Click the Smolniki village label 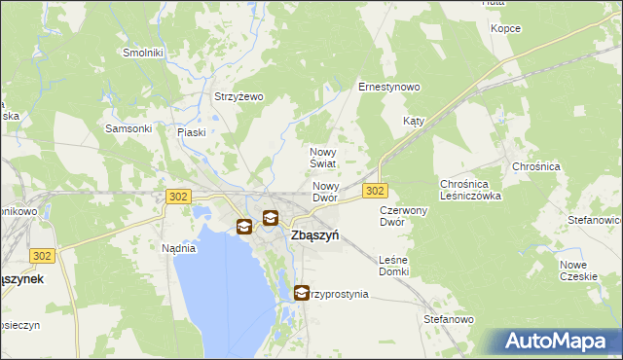[x=143, y=53]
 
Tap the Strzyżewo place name [x=238, y=96]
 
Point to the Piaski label [x=192, y=132]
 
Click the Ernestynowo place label [x=389, y=87]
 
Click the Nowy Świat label [x=323, y=158]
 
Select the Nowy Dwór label [x=325, y=192]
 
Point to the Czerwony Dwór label [x=405, y=216]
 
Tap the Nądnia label [x=178, y=248]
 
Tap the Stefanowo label [x=448, y=319]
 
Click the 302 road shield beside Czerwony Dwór [x=376, y=190]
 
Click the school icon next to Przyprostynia [x=300, y=291]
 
